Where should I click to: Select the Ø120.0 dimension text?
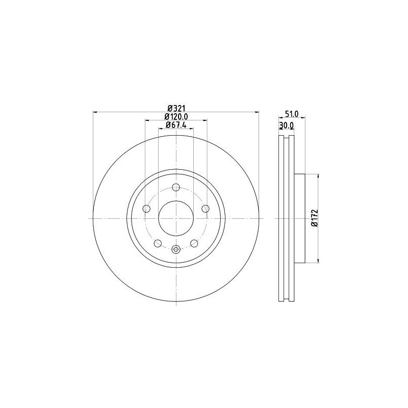(176, 117)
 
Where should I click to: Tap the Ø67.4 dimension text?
(176, 125)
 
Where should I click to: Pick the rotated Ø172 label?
(314, 218)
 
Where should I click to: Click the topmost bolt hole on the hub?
(176, 187)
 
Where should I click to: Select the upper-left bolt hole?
(146, 208)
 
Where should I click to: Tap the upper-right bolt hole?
(206, 208)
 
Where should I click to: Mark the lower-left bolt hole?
(158, 243)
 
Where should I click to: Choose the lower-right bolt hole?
(194, 243)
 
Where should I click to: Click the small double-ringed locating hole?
(176, 249)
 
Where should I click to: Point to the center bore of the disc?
(176, 218)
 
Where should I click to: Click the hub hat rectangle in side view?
(300, 218)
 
